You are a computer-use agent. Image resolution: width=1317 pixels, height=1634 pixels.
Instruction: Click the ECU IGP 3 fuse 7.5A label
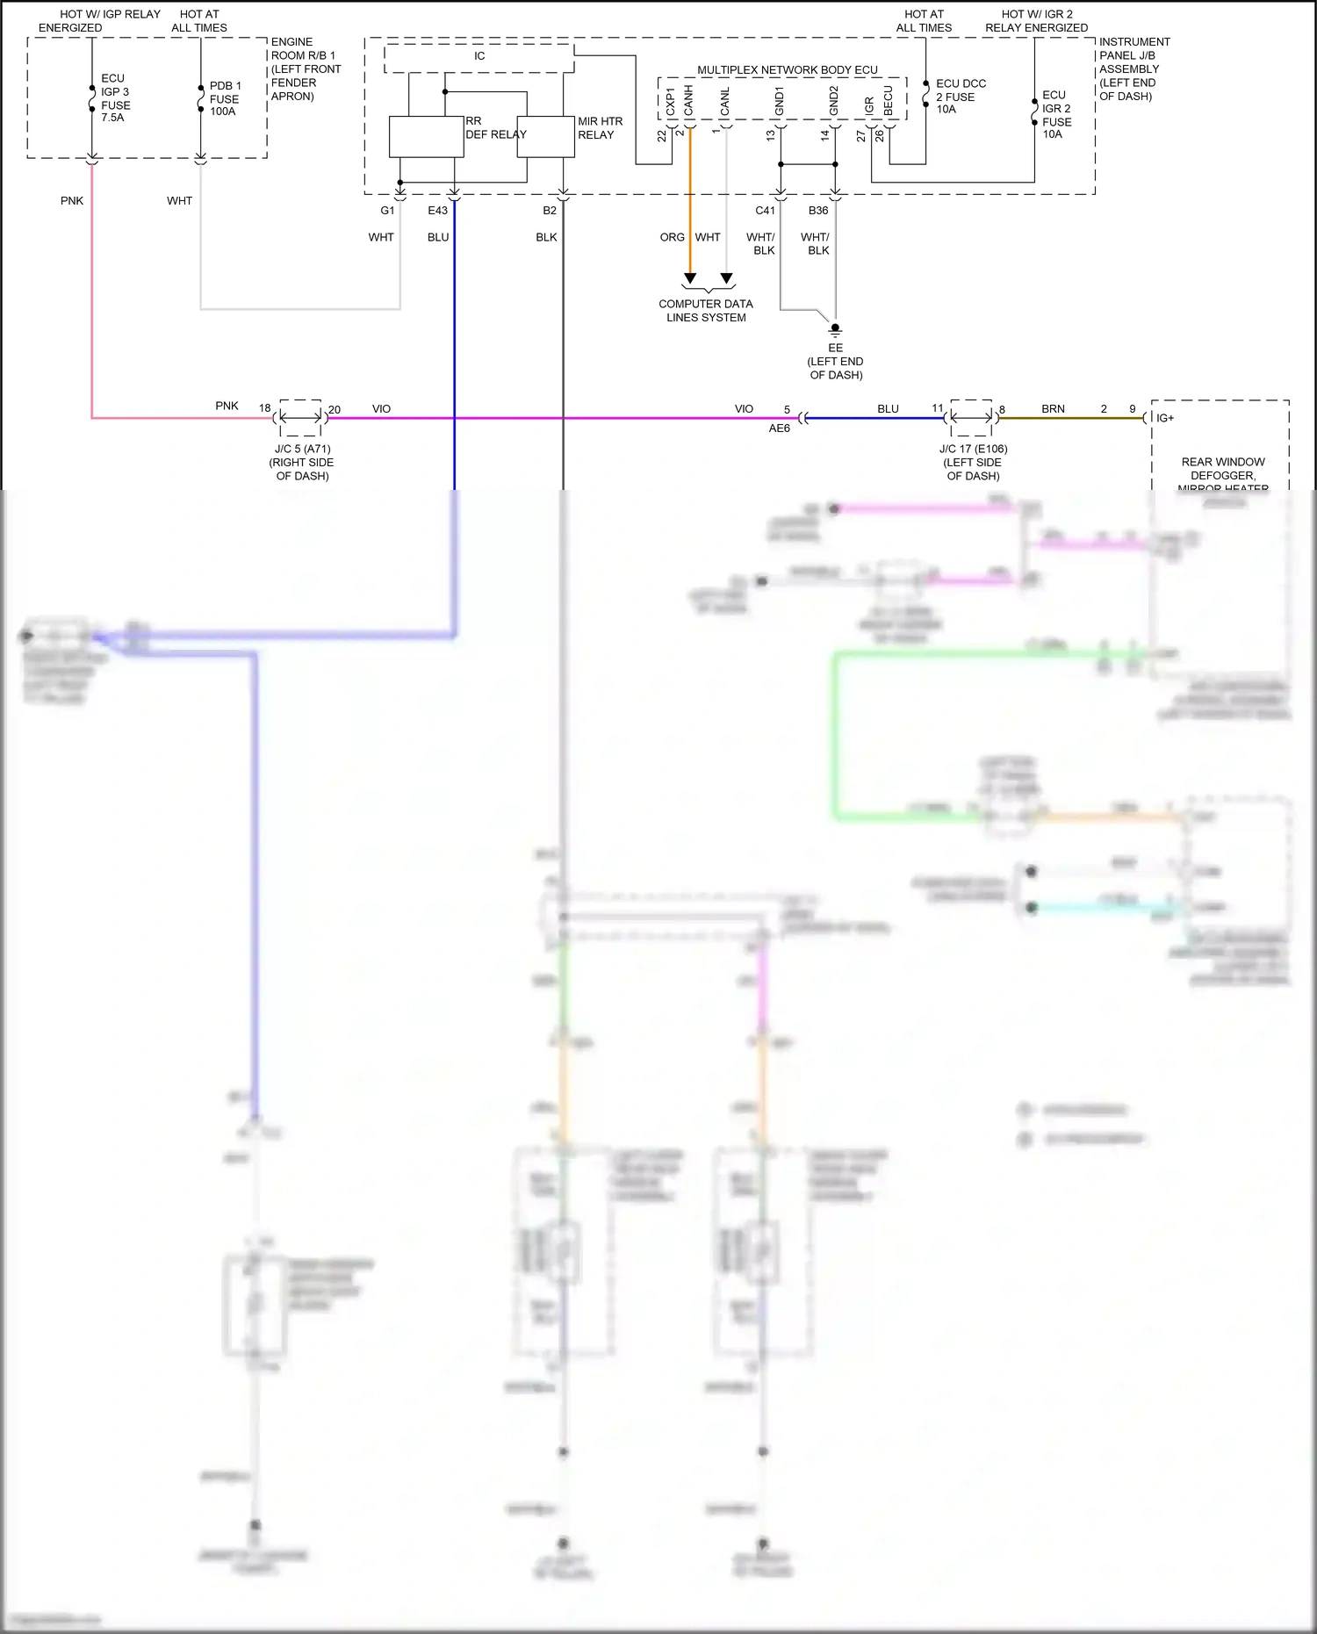click(114, 97)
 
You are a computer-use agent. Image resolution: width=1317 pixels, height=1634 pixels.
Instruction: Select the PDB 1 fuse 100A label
click(225, 98)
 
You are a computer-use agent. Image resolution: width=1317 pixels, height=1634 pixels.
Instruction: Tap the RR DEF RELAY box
click(427, 137)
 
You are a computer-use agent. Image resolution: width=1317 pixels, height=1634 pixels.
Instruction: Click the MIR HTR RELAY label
click(600, 128)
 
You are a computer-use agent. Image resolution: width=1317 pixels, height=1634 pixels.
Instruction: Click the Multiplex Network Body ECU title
click(787, 70)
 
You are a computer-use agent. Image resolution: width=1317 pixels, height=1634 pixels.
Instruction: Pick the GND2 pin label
click(834, 100)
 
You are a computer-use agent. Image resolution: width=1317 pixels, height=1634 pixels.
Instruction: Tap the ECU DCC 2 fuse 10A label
click(960, 97)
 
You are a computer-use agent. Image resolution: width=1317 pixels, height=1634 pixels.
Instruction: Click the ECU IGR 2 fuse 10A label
click(1055, 114)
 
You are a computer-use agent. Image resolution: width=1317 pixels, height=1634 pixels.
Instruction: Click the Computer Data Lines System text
click(706, 311)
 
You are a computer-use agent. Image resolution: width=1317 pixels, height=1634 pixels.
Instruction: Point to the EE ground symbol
click(835, 331)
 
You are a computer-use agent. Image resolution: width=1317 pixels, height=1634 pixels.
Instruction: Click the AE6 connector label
click(779, 428)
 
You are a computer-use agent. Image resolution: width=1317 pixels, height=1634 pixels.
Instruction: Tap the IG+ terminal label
click(1165, 418)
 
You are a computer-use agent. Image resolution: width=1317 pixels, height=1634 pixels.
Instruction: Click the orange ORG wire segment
click(690, 202)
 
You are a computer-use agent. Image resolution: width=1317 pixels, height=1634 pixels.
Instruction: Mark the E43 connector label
click(437, 211)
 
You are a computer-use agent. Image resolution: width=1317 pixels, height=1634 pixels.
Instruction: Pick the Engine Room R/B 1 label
click(305, 68)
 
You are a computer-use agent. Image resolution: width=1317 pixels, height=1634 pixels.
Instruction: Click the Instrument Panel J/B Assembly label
click(1133, 68)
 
